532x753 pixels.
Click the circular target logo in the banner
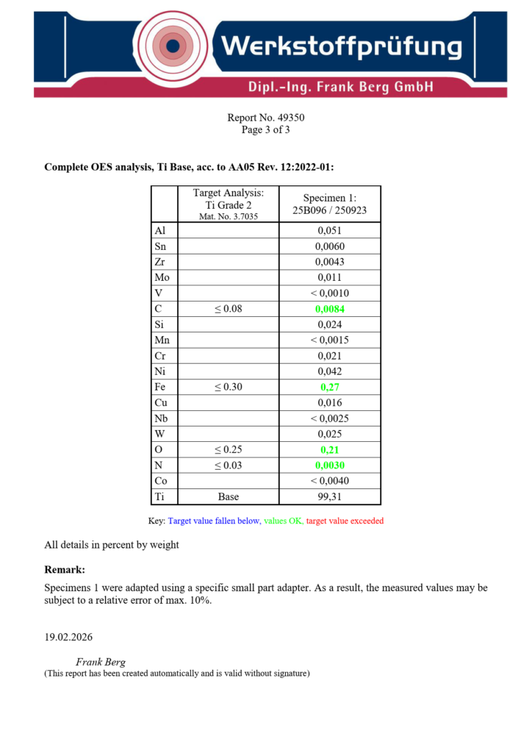[x=173, y=48]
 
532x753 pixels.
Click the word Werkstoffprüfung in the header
[x=342, y=48]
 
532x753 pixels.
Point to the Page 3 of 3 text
[x=266, y=130]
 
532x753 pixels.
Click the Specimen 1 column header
[x=329, y=204]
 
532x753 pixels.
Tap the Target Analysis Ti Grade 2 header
[x=228, y=204]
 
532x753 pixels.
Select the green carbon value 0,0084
[x=330, y=309]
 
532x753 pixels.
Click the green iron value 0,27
[x=330, y=387]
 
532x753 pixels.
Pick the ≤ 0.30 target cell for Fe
[x=228, y=387]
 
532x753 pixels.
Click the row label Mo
[x=162, y=278]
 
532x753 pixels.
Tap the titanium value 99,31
[x=330, y=496]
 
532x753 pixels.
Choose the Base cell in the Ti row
[x=228, y=496]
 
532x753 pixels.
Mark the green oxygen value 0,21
[x=330, y=449]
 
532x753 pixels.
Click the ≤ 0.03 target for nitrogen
[x=228, y=465]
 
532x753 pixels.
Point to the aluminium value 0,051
[x=330, y=231]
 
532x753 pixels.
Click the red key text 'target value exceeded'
[x=345, y=521]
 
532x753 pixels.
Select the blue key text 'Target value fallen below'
[x=214, y=521]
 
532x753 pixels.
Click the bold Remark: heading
[x=65, y=570]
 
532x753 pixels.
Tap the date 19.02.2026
[x=68, y=637]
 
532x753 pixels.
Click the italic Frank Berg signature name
[x=101, y=662]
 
